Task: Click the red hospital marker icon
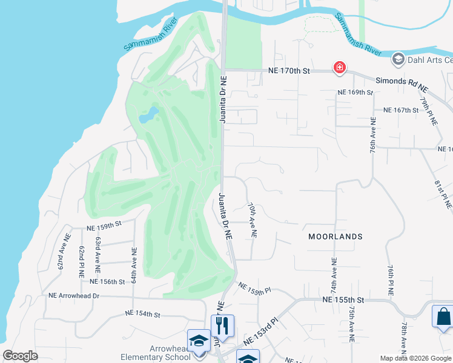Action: click(339, 67)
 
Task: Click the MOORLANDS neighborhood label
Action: click(335, 237)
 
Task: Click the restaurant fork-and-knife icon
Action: click(222, 325)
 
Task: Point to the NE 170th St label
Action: click(289, 71)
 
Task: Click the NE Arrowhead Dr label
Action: click(74, 296)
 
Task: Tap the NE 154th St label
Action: click(142, 314)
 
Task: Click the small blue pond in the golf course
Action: click(149, 114)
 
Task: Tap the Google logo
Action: click(21, 355)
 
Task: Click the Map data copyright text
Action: click(414, 358)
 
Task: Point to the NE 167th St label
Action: click(402, 110)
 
